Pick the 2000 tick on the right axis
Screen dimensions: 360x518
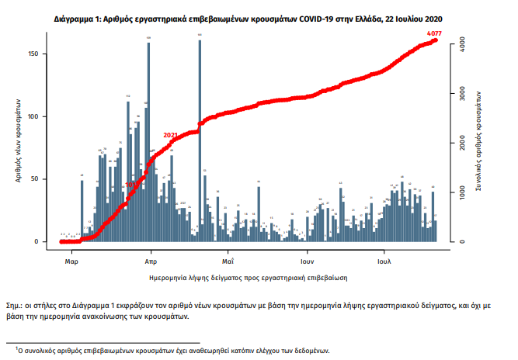click(461, 144)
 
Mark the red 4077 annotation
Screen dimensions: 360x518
click(436, 33)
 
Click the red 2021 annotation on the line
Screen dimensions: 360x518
click(171, 135)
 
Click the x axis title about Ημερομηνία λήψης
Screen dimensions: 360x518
click(248, 276)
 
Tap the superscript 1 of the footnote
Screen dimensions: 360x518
click(7, 348)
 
